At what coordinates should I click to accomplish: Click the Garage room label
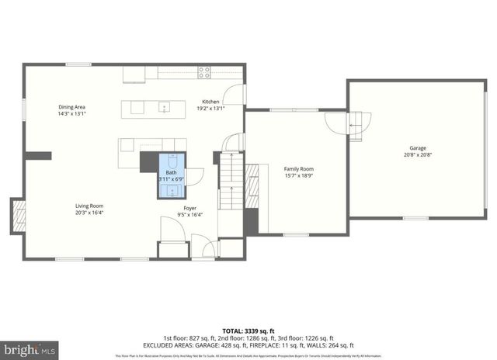[418, 147]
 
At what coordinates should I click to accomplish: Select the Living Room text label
[89, 205]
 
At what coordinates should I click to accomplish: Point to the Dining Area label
[71, 106]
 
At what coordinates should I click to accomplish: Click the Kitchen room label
[210, 102]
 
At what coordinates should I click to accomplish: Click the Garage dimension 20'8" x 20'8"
[418, 154]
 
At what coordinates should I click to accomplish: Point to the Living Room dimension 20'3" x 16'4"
[89, 212]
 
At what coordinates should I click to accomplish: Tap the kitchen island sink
[164, 106]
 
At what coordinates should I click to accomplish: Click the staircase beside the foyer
[229, 182]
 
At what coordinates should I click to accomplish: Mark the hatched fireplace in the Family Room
[252, 183]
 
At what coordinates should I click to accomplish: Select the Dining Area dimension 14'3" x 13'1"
[71, 113]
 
